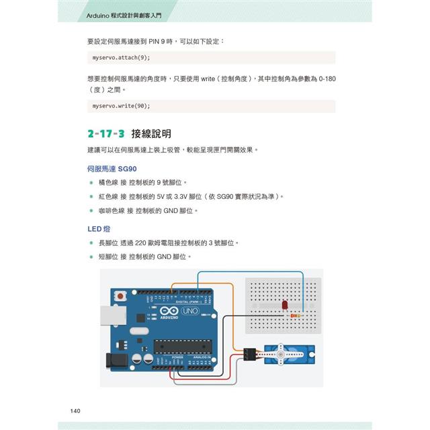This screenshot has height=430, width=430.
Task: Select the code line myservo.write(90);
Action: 122,106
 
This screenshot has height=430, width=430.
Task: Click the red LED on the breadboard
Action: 285,306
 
